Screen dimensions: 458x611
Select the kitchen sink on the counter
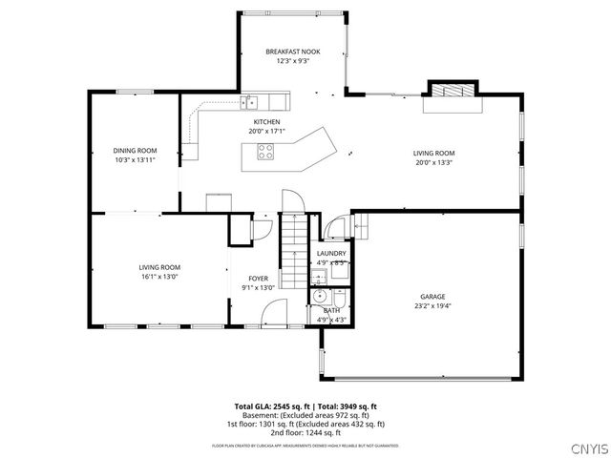[x=249, y=99]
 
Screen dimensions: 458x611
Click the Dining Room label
[x=135, y=150]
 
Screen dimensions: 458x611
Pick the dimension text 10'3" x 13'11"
[x=135, y=160]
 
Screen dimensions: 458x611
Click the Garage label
[x=432, y=297]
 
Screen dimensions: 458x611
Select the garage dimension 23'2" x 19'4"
[x=432, y=306]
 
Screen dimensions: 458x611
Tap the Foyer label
[x=257, y=278]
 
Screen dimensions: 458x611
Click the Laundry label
[x=330, y=253]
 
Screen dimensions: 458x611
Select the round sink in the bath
[x=320, y=296]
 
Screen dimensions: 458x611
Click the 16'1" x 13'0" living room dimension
[x=159, y=277]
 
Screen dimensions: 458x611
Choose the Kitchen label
[x=265, y=122]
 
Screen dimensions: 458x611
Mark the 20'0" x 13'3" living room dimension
[x=432, y=161]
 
